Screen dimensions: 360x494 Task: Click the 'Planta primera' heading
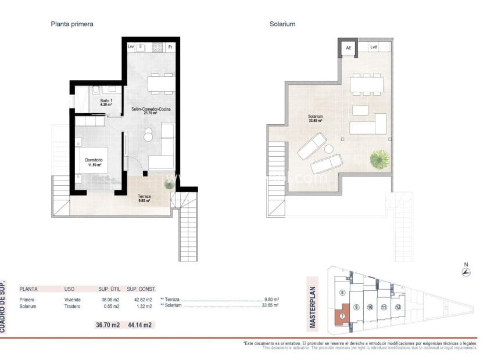pyautogui.click(x=73, y=24)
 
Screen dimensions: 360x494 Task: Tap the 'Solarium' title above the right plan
pyautogui.click(x=283, y=24)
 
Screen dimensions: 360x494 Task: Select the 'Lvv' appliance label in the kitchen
pyautogui.click(x=131, y=46)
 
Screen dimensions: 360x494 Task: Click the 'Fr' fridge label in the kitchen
pyautogui.click(x=170, y=46)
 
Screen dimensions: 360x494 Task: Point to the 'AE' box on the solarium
pyautogui.click(x=349, y=48)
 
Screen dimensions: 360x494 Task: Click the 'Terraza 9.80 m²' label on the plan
pyautogui.click(x=144, y=199)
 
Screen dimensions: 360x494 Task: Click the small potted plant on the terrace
pyautogui.click(x=169, y=184)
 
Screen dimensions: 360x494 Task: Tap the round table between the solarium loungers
pyautogui.click(x=329, y=149)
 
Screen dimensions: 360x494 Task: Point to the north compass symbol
pyautogui.click(x=466, y=271)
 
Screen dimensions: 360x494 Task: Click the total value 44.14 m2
pyautogui.click(x=139, y=325)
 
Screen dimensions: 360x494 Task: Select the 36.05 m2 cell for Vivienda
pyautogui.click(x=109, y=300)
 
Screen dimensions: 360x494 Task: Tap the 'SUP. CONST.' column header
pyautogui.click(x=141, y=289)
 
